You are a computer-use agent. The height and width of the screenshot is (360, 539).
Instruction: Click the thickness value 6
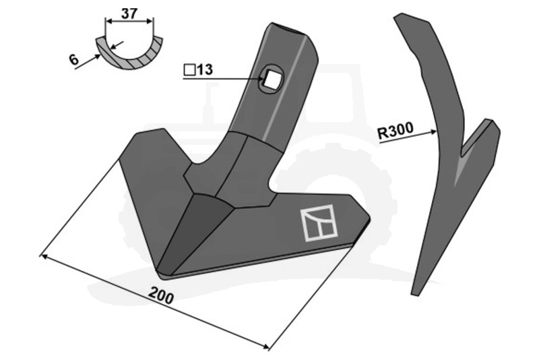72,60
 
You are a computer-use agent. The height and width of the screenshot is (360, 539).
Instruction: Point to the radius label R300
395,131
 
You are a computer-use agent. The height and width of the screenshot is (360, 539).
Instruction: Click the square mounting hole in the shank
272,79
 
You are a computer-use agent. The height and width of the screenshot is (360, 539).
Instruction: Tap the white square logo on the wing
319,222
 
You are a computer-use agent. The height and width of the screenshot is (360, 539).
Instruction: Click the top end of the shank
291,30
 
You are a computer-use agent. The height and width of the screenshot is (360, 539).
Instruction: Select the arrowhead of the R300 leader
436,131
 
